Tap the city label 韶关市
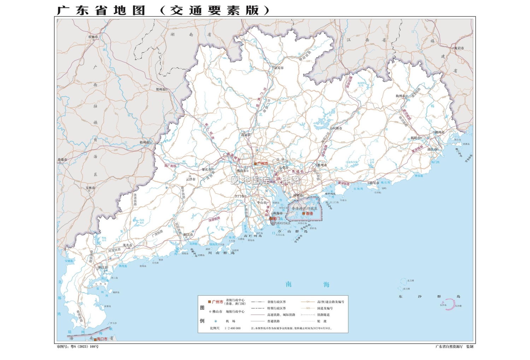coord(279,68)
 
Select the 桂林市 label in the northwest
coord(93,37)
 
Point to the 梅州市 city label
coord(400,96)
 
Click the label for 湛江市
coord(103,267)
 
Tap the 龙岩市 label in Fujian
coord(459,48)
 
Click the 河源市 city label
coord(337,128)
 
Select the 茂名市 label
coord(127,245)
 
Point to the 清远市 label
coord(246,135)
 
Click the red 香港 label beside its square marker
coord(309,214)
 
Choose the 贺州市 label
coord(161,89)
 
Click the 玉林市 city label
coord(90,188)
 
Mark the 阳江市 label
coord(188,234)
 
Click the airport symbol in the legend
coord(216,321)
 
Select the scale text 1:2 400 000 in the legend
coord(232,328)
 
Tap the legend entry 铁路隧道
coord(323,315)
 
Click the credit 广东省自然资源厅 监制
coord(454,347)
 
